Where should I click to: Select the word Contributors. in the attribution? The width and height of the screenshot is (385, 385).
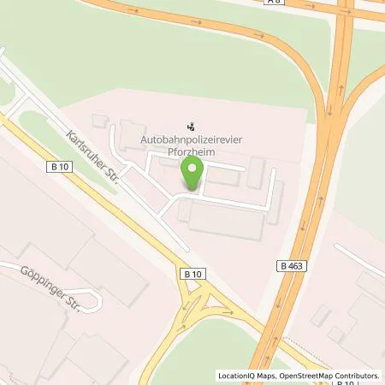click(358, 376)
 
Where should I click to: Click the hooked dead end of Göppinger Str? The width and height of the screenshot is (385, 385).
click(101, 300)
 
